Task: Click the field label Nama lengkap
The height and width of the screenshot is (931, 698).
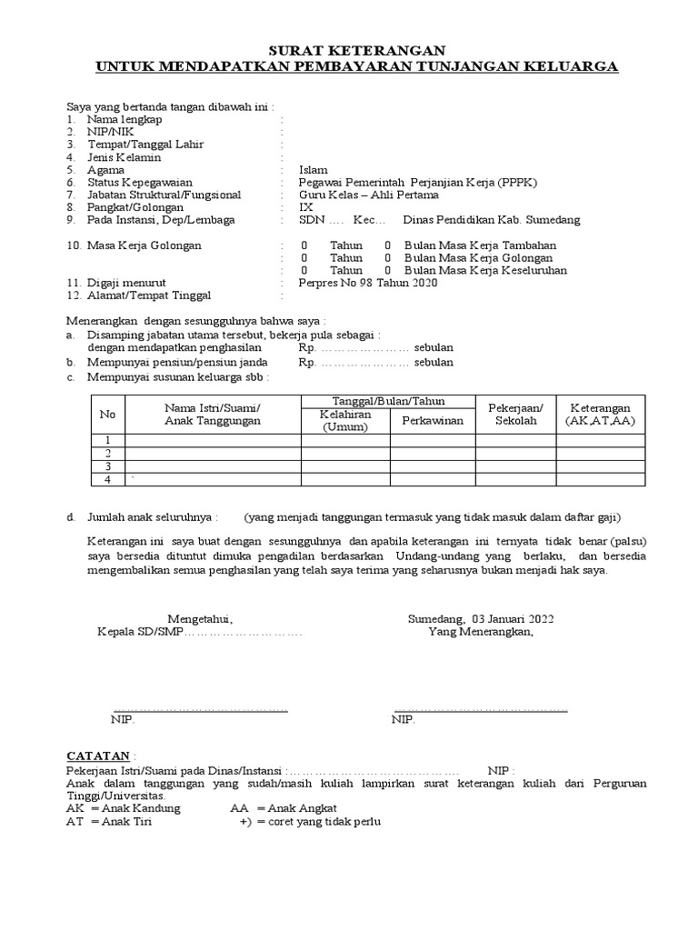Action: tap(125, 119)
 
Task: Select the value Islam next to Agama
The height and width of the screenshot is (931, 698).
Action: tap(313, 170)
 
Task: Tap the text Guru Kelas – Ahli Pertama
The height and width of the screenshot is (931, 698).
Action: tap(368, 195)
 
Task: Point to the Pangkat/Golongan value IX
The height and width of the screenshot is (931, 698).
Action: tap(305, 207)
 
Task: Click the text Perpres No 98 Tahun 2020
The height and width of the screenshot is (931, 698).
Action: tap(368, 283)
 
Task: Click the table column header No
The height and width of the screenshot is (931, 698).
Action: tap(107, 415)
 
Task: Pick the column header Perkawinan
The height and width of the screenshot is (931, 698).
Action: tap(433, 421)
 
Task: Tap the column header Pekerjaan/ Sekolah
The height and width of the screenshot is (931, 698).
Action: tap(515, 415)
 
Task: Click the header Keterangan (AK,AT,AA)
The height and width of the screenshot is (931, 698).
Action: tap(600, 415)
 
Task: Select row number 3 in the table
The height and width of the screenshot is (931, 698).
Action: tap(107, 466)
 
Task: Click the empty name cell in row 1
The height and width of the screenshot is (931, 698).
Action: tap(213, 441)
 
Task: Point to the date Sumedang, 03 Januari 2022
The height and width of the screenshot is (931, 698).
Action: tap(481, 619)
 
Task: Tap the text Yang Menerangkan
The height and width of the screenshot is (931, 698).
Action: tap(481, 633)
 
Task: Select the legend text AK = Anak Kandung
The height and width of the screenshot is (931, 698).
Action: tap(124, 808)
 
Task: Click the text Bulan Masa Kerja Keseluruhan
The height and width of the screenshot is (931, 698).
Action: tap(485, 270)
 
